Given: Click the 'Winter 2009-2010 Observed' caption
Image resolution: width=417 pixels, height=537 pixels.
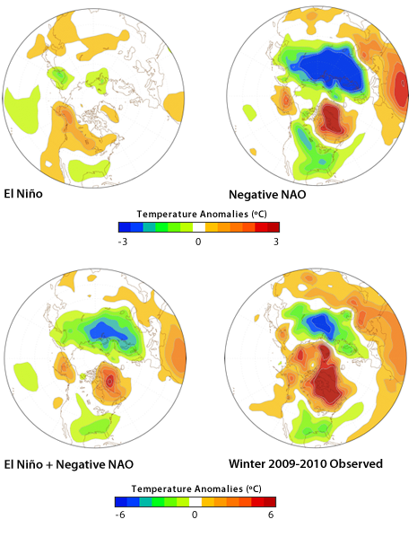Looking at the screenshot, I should tap(306, 463).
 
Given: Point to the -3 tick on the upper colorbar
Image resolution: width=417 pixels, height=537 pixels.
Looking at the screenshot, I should tap(124, 241).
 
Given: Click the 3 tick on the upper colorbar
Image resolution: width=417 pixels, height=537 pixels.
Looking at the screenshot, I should tap(276, 241).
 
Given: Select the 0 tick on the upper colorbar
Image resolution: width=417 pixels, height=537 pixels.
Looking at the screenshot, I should tap(199, 241).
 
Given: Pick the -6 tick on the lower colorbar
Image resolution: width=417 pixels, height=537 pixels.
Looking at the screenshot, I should tap(119, 515).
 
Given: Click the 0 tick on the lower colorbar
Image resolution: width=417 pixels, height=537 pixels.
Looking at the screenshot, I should tap(195, 515).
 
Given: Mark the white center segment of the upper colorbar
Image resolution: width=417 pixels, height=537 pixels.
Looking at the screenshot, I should tap(199, 228).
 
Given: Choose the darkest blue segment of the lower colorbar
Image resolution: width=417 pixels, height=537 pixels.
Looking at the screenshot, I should tap(121, 502).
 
